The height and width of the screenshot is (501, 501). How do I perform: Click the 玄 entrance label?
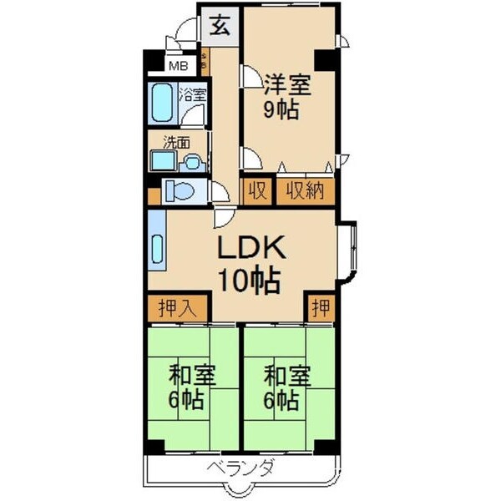[220, 26]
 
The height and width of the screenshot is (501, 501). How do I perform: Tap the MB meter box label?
[178, 65]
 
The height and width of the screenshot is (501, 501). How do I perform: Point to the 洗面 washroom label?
[175, 141]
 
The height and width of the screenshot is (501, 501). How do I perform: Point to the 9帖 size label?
[282, 112]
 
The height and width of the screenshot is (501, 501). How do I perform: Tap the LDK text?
[252, 247]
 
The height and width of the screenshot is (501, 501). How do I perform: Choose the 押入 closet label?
[178, 307]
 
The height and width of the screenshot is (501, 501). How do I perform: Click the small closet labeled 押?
[320, 307]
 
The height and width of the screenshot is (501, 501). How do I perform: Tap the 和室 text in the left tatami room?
[187, 373]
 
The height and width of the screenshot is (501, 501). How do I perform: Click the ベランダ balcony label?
[240, 468]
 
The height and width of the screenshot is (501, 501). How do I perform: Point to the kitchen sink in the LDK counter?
[158, 250]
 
